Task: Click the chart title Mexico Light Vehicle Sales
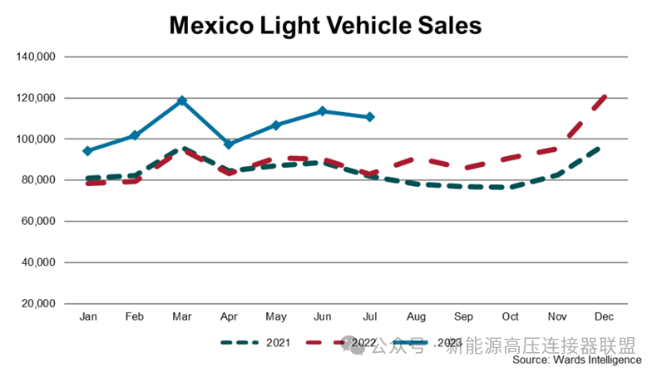(x=325, y=26)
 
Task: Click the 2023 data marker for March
(x=182, y=100)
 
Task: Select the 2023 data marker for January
(x=87, y=151)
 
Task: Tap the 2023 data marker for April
(x=229, y=144)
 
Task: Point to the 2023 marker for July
(x=370, y=117)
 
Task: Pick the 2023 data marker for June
(x=323, y=111)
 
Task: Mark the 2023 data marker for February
(x=135, y=135)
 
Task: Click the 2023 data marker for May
(x=276, y=125)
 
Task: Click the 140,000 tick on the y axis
(x=35, y=57)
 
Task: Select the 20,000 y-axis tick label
(x=37, y=303)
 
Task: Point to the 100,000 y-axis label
(x=35, y=139)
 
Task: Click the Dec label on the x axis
(x=605, y=317)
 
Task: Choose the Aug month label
(x=417, y=317)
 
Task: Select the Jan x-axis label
(x=87, y=317)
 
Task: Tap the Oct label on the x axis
(x=511, y=317)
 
